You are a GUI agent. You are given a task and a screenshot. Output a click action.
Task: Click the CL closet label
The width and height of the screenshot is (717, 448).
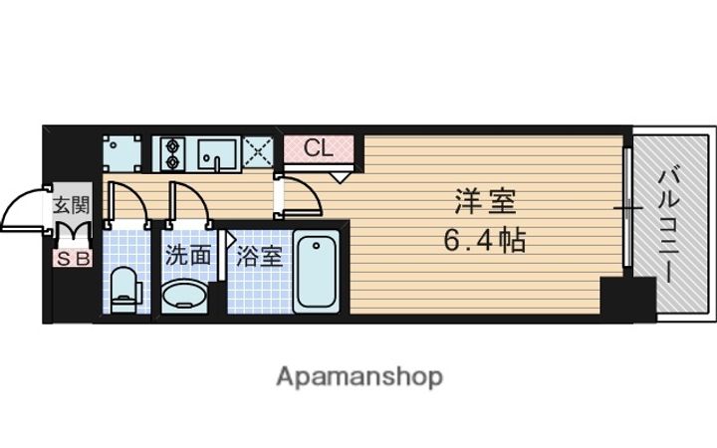tap(319, 148)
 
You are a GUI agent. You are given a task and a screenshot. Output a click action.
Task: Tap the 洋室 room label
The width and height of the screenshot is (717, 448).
tap(486, 201)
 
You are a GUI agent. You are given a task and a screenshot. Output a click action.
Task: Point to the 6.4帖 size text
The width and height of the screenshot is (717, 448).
tap(485, 240)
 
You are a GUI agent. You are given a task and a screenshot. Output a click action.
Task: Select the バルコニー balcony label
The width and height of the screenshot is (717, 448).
tap(668, 224)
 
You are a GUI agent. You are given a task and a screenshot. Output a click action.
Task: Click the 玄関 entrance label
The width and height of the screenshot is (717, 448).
tap(72, 204)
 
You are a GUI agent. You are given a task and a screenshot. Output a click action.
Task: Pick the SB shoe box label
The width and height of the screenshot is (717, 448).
tap(73, 259)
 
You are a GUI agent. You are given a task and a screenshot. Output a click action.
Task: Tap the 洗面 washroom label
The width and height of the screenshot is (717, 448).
tap(188, 256)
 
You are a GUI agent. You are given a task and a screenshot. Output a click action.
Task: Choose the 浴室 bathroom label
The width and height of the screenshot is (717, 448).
tap(258, 257)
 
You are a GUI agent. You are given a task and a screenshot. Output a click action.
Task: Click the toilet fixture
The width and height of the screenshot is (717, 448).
tap(125, 290)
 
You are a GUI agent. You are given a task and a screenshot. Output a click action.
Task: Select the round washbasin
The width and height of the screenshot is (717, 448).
tap(185, 297)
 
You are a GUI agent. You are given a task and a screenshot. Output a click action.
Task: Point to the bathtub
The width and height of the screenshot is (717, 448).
tap(317, 272)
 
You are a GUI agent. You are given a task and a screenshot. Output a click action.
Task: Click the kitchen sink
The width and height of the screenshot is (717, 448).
tap(217, 154)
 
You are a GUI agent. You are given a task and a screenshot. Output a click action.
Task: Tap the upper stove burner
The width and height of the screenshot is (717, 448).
tap(172, 145)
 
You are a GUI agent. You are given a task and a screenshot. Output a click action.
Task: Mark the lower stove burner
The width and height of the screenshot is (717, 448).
tap(172, 162)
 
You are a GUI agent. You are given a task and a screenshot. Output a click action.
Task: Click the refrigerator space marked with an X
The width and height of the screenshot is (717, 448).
tap(258, 152)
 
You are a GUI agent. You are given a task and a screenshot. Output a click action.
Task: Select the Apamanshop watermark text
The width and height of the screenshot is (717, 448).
tap(359, 377)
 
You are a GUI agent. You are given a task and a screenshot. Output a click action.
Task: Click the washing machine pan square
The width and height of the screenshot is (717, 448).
tap(121, 153)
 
